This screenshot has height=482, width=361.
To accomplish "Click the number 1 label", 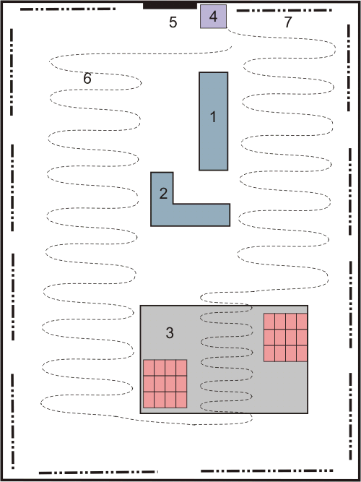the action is (213, 117).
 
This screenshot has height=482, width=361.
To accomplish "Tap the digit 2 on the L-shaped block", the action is (163, 194).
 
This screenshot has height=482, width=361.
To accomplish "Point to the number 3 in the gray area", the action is (170, 332).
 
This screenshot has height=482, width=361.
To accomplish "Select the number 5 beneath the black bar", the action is (173, 22).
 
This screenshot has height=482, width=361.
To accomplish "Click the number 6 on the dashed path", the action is (87, 79).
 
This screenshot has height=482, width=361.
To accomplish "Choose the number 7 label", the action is (287, 22).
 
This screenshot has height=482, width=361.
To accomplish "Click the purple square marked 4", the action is (214, 17).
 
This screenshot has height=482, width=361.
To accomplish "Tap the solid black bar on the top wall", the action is (170, 5).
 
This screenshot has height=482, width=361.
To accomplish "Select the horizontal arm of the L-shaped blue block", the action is (191, 215).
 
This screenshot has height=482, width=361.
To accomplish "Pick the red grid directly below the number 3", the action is (165, 384).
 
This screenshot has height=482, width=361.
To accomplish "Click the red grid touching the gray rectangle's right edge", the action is (285, 337).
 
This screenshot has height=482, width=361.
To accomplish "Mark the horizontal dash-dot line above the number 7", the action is (284, 10).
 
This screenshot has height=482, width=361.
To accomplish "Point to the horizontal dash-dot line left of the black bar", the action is (68, 9).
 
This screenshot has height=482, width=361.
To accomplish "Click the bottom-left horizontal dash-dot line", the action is (98, 472).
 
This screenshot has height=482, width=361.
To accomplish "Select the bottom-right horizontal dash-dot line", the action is (267, 470).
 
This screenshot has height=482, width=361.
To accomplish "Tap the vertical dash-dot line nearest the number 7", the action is (349, 68).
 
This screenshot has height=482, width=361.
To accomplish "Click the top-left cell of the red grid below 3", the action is (149, 368).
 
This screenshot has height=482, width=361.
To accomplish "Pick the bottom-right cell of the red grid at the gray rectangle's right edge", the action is (302, 353).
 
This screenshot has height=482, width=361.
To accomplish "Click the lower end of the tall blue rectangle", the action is (214, 170).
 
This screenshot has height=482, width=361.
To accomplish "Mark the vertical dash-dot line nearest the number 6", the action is (12, 72).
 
